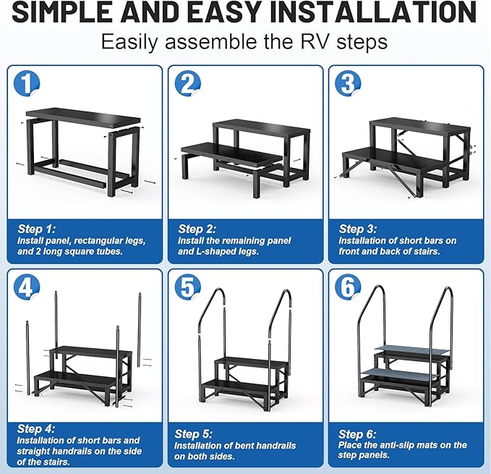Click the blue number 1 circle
27,84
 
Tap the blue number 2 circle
187,84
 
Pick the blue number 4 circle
27,289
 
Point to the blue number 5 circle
187,289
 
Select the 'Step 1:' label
36,229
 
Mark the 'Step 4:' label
36,429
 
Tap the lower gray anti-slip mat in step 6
402,373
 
